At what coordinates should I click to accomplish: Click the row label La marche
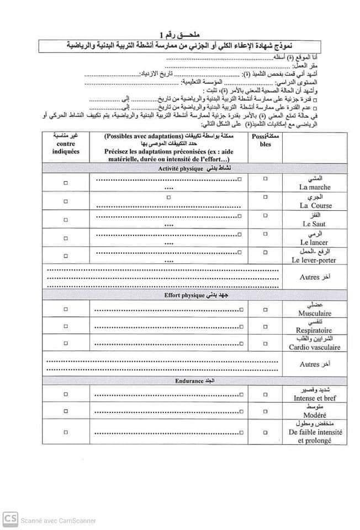315,187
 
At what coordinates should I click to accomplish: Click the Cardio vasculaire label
314,347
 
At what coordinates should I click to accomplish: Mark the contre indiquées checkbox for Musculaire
66,310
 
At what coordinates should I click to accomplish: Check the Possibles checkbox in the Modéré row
265,412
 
